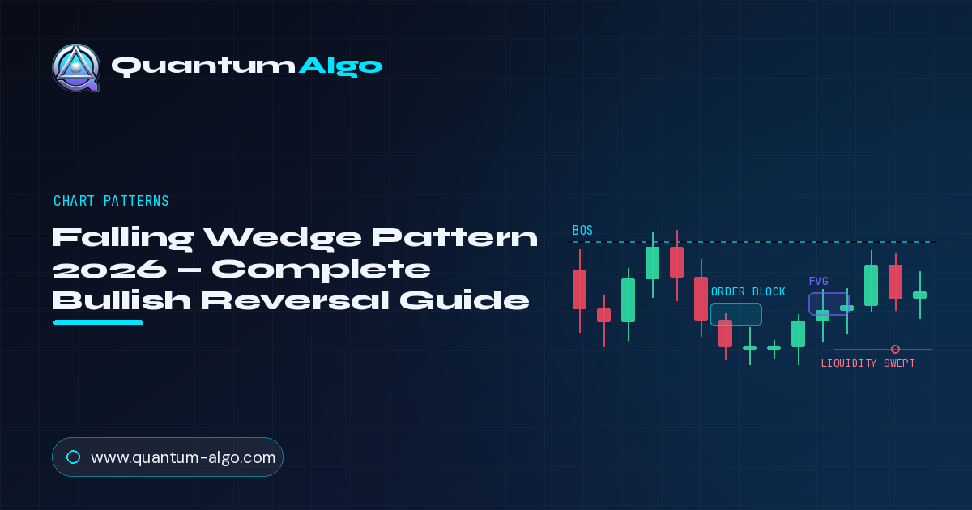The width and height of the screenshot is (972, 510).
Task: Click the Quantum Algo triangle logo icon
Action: click(x=76, y=67)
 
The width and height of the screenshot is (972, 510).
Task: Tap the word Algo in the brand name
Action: click(x=340, y=66)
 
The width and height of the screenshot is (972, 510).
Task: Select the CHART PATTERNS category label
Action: click(x=111, y=201)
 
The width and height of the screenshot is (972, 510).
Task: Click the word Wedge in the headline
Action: click(x=283, y=238)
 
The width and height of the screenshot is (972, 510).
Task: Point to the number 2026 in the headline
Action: click(x=109, y=270)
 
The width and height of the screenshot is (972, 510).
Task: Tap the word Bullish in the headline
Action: click(x=122, y=300)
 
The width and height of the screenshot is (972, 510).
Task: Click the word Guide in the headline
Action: click(x=464, y=300)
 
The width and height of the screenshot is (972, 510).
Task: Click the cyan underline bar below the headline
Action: click(x=99, y=322)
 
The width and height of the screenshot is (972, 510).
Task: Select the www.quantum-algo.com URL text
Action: click(x=183, y=457)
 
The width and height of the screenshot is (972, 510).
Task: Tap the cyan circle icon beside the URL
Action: click(x=74, y=457)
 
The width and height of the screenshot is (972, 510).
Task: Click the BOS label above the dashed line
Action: click(x=582, y=230)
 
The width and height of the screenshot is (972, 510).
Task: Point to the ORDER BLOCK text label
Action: click(x=748, y=292)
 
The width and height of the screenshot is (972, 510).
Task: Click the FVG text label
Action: click(x=819, y=282)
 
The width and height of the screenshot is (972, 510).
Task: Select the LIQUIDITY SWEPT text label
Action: click(x=868, y=363)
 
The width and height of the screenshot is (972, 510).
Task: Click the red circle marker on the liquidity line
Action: click(x=895, y=349)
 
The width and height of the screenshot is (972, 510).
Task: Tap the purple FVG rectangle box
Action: click(x=809, y=304)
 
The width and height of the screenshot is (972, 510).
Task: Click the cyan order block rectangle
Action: click(x=710, y=314)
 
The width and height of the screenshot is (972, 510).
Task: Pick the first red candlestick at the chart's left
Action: click(x=580, y=290)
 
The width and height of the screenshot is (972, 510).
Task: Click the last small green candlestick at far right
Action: click(x=920, y=295)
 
